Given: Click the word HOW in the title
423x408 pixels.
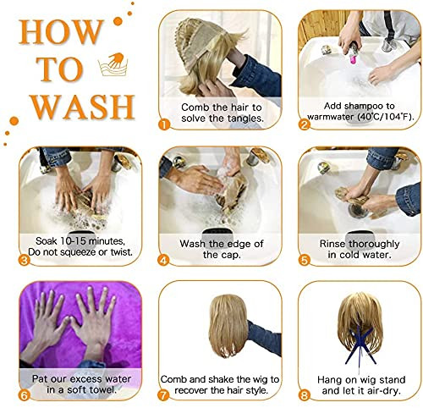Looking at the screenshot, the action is tap(61, 32).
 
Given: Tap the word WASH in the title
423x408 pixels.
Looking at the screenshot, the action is tap(82, 107).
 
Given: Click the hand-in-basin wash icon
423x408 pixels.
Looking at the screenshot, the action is tap(113, 64).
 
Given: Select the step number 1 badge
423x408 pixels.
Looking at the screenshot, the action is tap(164, 124).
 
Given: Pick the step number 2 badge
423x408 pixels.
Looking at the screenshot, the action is tap(305, 124).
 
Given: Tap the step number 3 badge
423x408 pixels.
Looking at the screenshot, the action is tap(25, 260).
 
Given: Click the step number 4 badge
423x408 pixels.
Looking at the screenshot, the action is tap(164, 260).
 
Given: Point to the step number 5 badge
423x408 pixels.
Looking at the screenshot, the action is tap(304, 260).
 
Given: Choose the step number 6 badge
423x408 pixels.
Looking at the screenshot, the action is tap(25, 395).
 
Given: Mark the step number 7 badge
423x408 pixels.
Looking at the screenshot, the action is tap(163, 395).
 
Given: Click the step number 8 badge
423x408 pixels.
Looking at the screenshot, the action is tap(304, 395).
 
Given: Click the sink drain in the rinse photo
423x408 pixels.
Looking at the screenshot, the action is tap(358, 211).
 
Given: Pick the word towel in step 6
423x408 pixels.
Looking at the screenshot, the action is tap(103, 390).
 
